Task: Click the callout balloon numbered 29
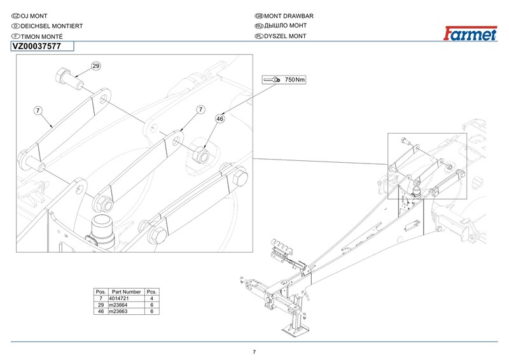click(96, 66)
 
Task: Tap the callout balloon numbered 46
click(221, 118)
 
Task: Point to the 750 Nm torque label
click(295, 80)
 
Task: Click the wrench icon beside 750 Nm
click(272, 80)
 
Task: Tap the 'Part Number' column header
click(126, 291)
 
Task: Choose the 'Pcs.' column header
click(152, 291)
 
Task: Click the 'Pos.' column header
click(100, 291)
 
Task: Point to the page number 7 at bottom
click(254, 352)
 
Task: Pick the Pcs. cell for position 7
click(152, 298)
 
